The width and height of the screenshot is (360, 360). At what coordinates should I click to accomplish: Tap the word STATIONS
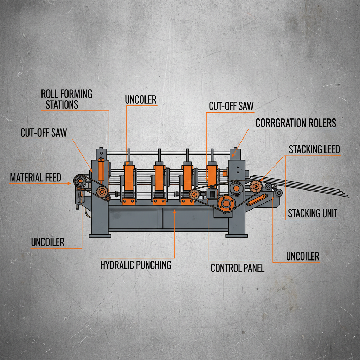tap(62, 104)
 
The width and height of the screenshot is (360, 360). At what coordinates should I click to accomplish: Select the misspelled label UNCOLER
tap(141, 100)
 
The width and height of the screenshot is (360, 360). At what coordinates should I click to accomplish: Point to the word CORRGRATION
tap(281, 123)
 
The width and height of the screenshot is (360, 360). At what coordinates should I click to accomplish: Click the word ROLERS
tap(321, 123)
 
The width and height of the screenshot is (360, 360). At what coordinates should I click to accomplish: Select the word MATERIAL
tap(27, 178)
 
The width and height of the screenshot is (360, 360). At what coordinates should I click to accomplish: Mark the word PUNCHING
tap(153, 265)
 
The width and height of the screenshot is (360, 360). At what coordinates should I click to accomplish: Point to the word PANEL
tap(253, 268)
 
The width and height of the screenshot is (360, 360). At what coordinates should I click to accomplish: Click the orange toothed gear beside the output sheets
tap(256, 185)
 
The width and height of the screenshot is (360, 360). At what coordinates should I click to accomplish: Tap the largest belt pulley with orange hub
tap(226, 203)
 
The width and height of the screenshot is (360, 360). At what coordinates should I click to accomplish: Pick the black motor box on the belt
tap(212, 193)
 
